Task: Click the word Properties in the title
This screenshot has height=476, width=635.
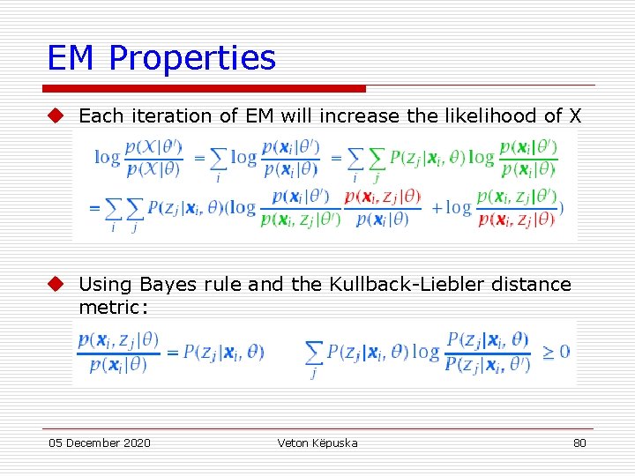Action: (x=192, y=59)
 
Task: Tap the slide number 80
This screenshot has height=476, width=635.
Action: (x=579, y=443)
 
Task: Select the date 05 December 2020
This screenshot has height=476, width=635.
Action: (x=100, y=443)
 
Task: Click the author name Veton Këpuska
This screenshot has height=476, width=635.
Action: (x=317, y=443)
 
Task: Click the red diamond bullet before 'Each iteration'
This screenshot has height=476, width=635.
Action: (x=56, y=115)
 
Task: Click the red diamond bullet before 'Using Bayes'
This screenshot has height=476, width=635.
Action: (x=56, y=284)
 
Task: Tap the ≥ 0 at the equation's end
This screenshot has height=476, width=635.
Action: (x=556, y=352)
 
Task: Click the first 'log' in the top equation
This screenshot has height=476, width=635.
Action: (x=108, y=158)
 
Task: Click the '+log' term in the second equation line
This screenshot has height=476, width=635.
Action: (x=451, y=209)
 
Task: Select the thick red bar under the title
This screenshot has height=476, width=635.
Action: (x=204, y=88)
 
